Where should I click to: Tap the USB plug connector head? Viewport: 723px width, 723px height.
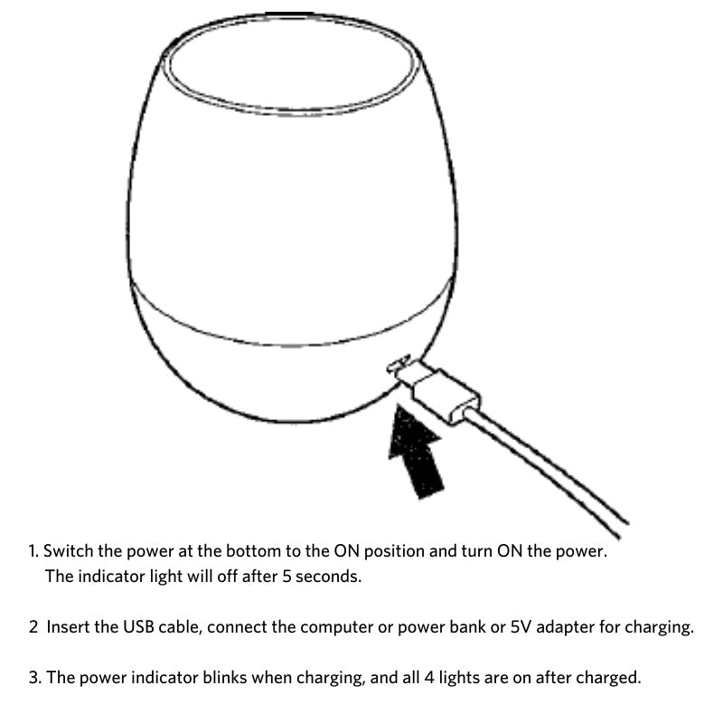[x=443, y=390]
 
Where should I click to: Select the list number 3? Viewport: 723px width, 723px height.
[x=33, y=677]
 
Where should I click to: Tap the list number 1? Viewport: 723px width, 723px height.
[x=33, y=550]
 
